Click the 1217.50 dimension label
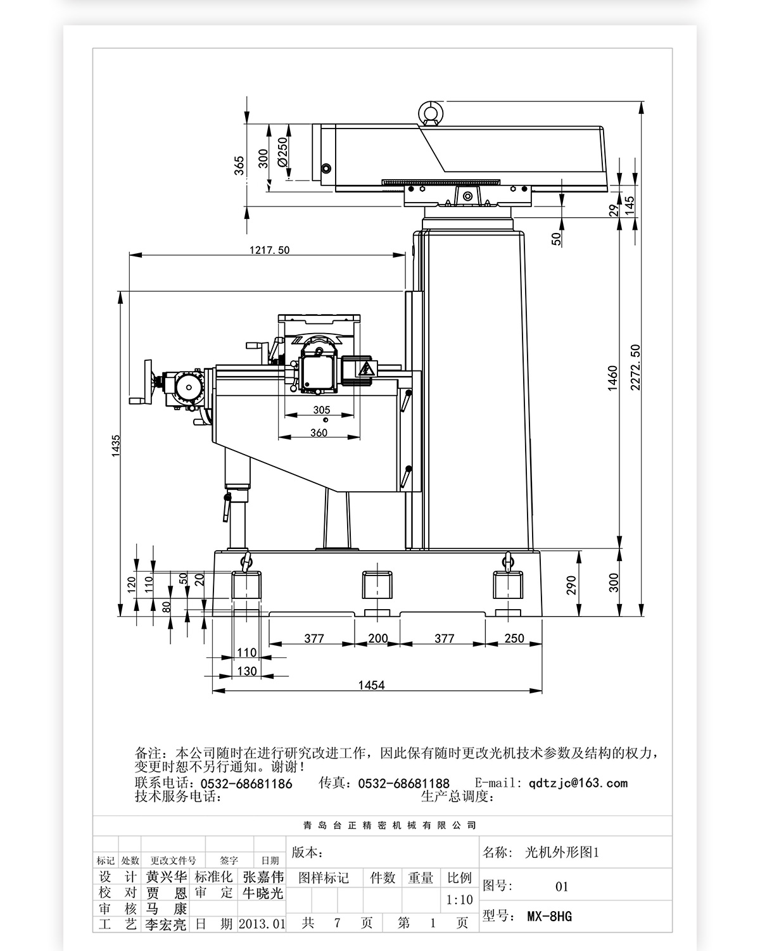[x=269, y=250]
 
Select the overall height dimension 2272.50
[x=635, y=367]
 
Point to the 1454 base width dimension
[x=371, y=684]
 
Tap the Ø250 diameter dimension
[x=282, y=153]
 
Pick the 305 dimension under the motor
[x=321, y=410]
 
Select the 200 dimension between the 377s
[x=377, y=638]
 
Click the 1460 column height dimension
[x=612, y=378]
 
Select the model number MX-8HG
[x=549, y=916]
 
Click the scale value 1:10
[x=459, y=900]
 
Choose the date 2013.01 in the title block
[x=262, y=924]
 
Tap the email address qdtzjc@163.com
[x=578, y=783]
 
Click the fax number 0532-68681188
[x=403, y=784]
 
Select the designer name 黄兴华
[x=167, y=877]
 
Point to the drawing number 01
[x=562, y=886]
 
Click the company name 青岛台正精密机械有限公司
[x=389, y=826]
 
